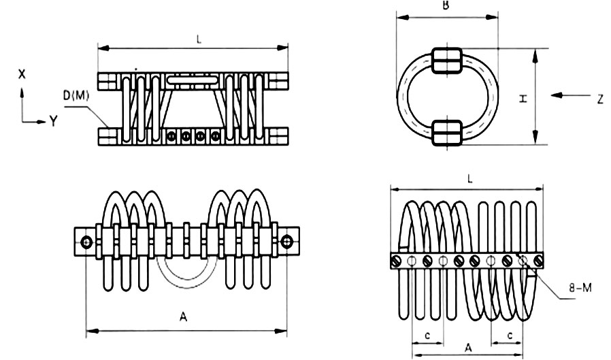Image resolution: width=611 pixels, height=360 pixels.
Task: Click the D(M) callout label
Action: coord(76,95)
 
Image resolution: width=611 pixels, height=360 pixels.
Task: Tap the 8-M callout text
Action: coord(580,288)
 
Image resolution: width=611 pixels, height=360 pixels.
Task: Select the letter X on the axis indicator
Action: coord(22,74)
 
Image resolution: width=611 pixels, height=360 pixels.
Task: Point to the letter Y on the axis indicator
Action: coord(53,121)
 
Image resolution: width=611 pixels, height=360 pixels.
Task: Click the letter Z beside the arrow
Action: coord(600,99)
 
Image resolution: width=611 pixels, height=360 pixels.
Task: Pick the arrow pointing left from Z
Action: coord(571,95)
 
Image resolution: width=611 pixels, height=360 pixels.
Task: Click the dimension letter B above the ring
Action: coord(446,5)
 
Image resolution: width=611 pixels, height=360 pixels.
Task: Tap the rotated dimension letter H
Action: coord(523,99)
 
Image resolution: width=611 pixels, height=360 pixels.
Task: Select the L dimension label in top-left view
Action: coord(199,39)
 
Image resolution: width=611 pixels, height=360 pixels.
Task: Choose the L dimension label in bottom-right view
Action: coord(469,179)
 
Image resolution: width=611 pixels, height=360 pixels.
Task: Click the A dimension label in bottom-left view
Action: coord(183,316)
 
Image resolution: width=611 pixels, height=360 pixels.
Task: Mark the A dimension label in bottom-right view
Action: coord(468,347)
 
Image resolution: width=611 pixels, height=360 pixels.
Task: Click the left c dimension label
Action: coord(427,335)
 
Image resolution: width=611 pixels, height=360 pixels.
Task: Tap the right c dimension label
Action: coord(510,335)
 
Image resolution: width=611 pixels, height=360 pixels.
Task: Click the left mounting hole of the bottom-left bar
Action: coord(86,242)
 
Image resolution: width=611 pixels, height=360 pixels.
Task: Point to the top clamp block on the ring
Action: coord(447,61)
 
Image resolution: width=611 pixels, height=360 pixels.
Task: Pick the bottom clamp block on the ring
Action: coord(447,133)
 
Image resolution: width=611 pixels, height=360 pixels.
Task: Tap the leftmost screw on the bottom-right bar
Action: coord(396,261)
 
